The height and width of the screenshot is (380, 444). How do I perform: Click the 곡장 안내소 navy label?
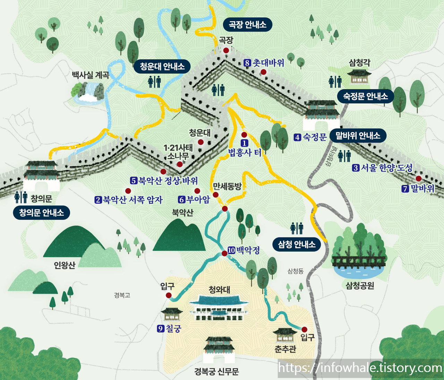(247, 25)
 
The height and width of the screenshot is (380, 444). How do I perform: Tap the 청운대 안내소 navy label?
(162, 66)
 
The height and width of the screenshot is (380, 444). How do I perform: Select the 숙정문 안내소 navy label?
(365, 96)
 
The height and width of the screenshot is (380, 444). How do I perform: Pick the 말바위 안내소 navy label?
(358, 136)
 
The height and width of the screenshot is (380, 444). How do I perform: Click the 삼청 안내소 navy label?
(297, 244)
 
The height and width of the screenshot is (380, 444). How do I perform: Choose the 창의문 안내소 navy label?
(41, 212)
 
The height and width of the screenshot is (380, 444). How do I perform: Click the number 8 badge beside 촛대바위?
(247, 63)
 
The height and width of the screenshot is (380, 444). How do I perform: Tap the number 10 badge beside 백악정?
(231, 250)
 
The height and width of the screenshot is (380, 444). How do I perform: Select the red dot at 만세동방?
(215, 195)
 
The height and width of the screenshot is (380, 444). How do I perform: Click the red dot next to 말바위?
(419, 179)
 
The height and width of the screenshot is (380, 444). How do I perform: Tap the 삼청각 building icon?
(359, 76)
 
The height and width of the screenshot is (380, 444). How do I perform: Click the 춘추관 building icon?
(285, 336)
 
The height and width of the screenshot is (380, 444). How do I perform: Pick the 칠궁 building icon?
(172, 314)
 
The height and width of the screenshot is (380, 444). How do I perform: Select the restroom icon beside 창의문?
(21, 197)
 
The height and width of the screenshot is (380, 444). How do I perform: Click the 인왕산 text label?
(65, 265)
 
